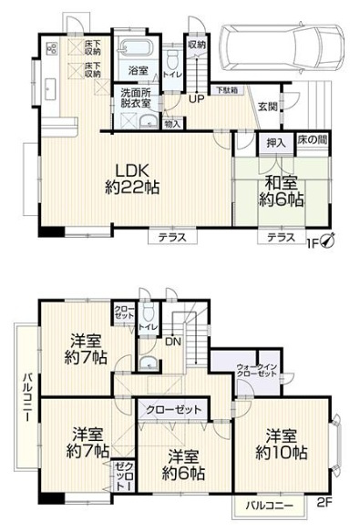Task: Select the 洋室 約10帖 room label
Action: pos(283,442)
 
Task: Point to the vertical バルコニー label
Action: pos(29,400)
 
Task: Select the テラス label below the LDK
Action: pos(172,237)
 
